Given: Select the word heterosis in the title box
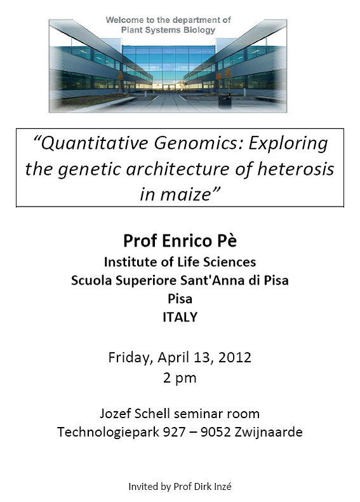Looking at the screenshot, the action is [x=296, y=168].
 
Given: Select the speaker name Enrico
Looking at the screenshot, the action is [x=187, y=241].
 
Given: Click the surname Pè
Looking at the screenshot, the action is [x=227, y=241].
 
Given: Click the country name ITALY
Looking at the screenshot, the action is [x=180, y=317].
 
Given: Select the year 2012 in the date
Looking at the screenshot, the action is [x=235, y=357].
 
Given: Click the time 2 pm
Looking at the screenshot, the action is [x=180, y=378].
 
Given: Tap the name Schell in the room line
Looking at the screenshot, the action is [x=152, y=413].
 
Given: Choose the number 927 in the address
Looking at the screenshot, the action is [x=174, y=432].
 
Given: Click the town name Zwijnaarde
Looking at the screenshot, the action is [x=269, y=432].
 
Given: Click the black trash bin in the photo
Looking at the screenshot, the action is [x=224, y=100].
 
